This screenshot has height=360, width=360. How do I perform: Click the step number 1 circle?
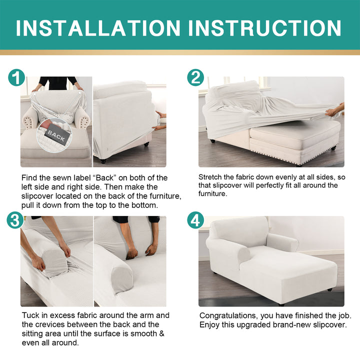tap(16, 77)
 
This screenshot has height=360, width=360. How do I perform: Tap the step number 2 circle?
tap(195, 77)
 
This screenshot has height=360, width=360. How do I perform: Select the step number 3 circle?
tap(15, 220)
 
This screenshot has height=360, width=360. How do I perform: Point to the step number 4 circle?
tap(195, 220)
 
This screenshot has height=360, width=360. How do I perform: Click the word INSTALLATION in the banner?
tap(98, 28)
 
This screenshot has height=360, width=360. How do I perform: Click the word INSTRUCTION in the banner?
tap(264, 28)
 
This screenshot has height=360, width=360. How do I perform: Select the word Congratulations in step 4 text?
tap(228, 316)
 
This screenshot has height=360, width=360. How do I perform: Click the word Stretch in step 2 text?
tap(210, 177)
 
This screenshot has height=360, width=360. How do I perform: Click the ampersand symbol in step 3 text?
tap(161, 333)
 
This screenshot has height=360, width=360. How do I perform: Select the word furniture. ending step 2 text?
tap(212, 193)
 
